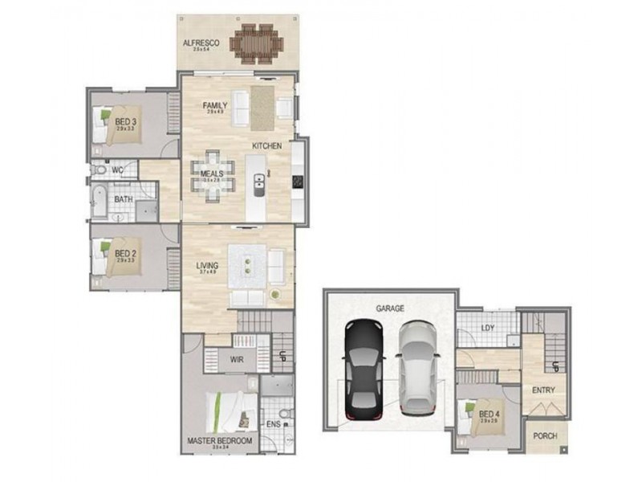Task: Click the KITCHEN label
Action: (x=267, y=146)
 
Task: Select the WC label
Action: (x=117, y=170)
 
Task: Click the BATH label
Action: (x=124, y=199)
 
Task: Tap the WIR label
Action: (x=238, y=360)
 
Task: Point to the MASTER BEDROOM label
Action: (x=220, y=441)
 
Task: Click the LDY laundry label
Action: (x=487, y=328)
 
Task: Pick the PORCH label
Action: (x=546, y=436)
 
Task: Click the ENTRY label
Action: (x=543, y=390)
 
